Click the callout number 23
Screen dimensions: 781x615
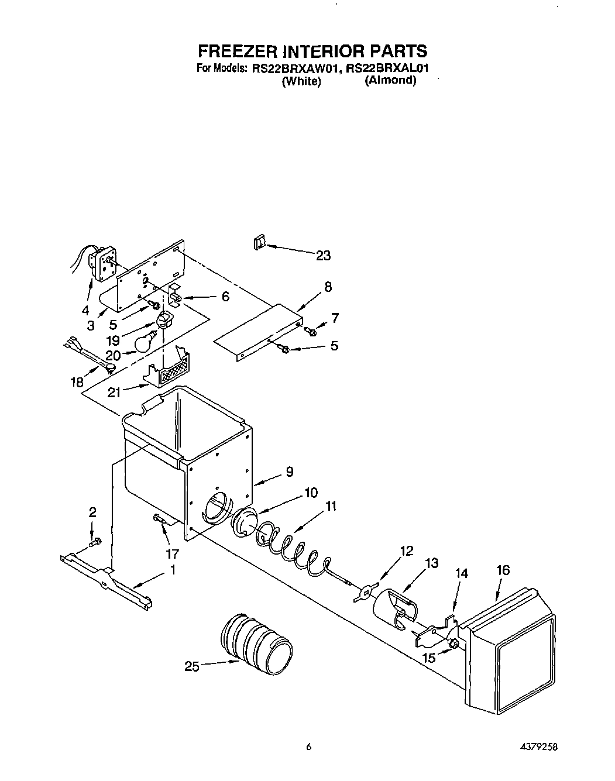click(x=323, y=255)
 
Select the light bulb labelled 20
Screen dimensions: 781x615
click(x=145, y=342)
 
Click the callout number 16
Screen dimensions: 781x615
click(x=503, y=570)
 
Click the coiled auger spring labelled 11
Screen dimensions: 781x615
click(x=290, y=545)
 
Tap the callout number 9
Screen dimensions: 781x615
click(x=289, y=472)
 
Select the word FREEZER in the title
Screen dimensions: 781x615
click(x=232, y=51)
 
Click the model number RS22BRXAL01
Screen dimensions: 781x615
click(x=387, y=68)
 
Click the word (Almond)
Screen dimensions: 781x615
click(x=390, y=80)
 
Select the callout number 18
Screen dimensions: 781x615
click(x=77, y=382)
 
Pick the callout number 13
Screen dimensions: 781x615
click(x=431, y=563)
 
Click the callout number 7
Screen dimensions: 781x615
click(x=335, y=318)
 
